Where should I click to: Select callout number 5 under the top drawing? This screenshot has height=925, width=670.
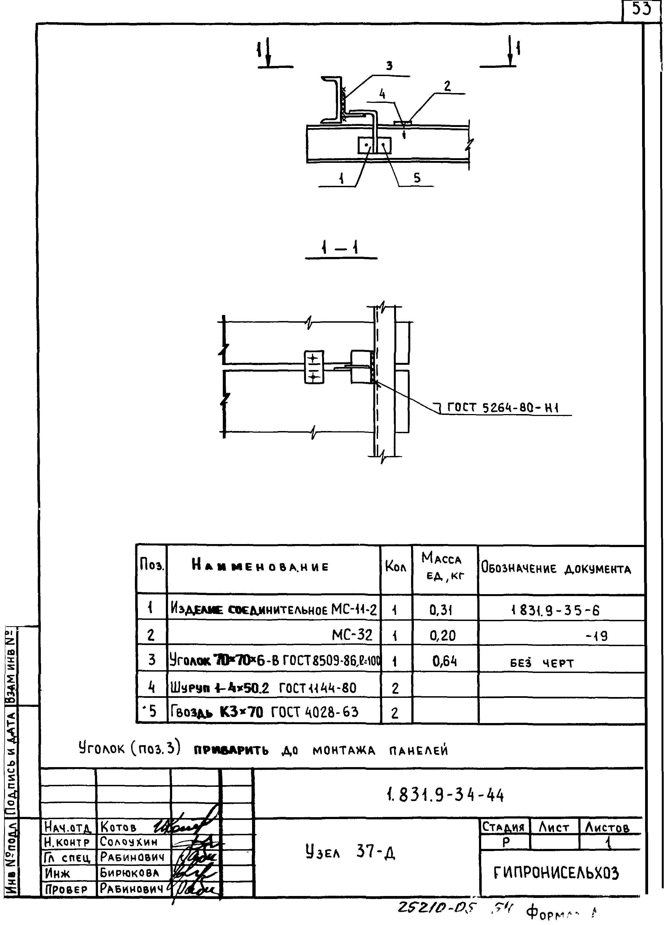coord(416,178)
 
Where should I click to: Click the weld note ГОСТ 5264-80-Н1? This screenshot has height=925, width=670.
coord(503,407)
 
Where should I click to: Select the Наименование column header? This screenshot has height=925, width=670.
coord(260,566)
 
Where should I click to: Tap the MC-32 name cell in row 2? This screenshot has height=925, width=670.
coord(351,635)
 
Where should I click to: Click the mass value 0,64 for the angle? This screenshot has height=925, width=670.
coord(444,661)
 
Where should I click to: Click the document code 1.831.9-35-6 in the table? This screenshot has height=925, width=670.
coord(555,611)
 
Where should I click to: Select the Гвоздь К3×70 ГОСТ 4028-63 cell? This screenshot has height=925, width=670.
coord(264,712)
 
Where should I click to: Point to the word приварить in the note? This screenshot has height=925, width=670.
coord(231,750)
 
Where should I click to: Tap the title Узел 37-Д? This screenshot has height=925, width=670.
coord(350,851)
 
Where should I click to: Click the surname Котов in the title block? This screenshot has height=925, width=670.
coord(118,827)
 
